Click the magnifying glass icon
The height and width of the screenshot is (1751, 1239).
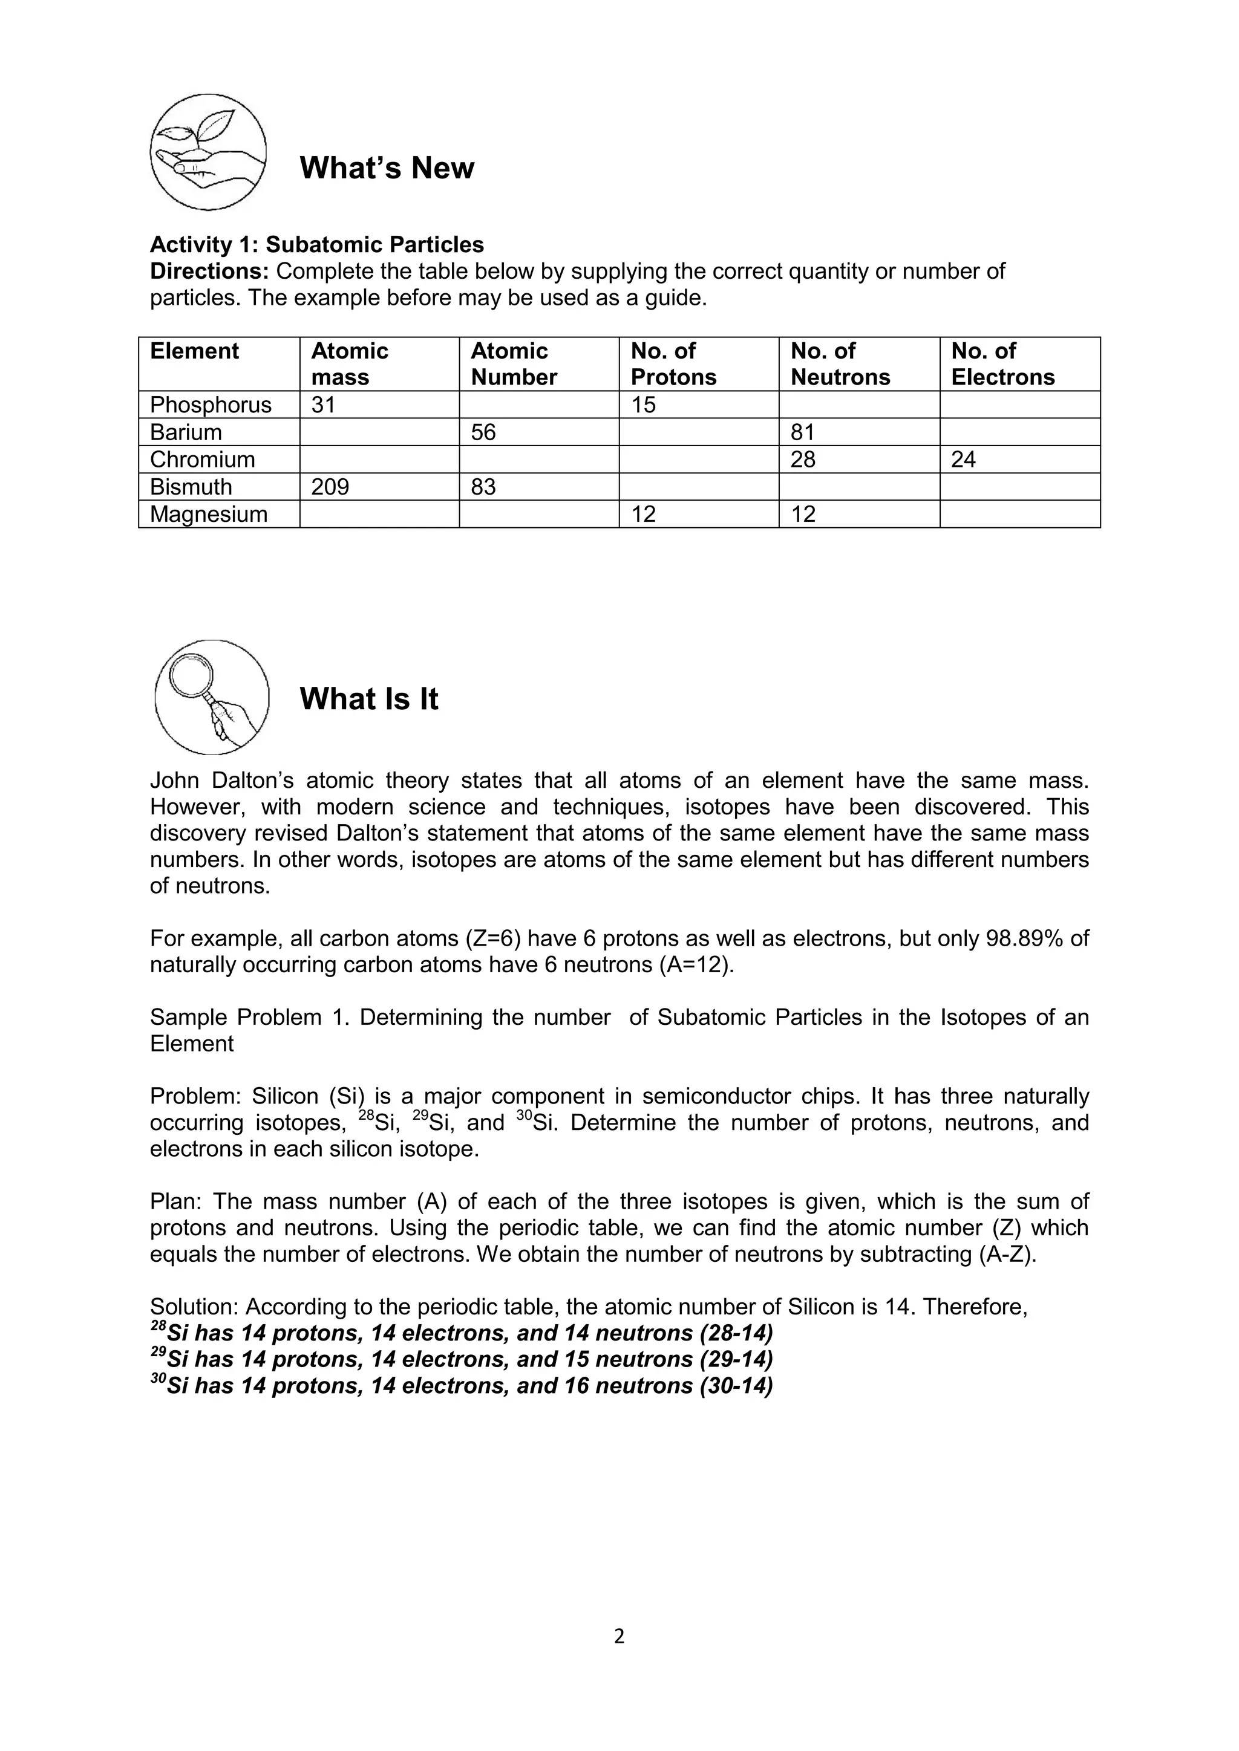(x=211, y=697)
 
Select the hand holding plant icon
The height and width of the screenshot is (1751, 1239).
(x=208, y=152)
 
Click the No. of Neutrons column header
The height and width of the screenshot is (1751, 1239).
(x=840, y=364)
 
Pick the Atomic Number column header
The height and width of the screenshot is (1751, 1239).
(x=514, y=364)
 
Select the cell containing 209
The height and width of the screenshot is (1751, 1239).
(x=330, y=487)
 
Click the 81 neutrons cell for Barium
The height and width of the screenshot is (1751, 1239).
(x=803, y=432)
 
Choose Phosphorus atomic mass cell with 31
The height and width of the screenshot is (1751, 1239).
(x=324, y=405)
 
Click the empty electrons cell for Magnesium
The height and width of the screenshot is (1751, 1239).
(x=1019, y=514)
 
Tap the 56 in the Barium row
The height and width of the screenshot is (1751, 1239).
(x=483, y=432)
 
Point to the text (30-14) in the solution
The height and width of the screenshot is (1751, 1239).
(x=736, y=1385)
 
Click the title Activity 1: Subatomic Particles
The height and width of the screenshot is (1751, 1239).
(x=316, y=244)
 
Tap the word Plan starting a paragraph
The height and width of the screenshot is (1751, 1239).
(x=175, y=1201)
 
